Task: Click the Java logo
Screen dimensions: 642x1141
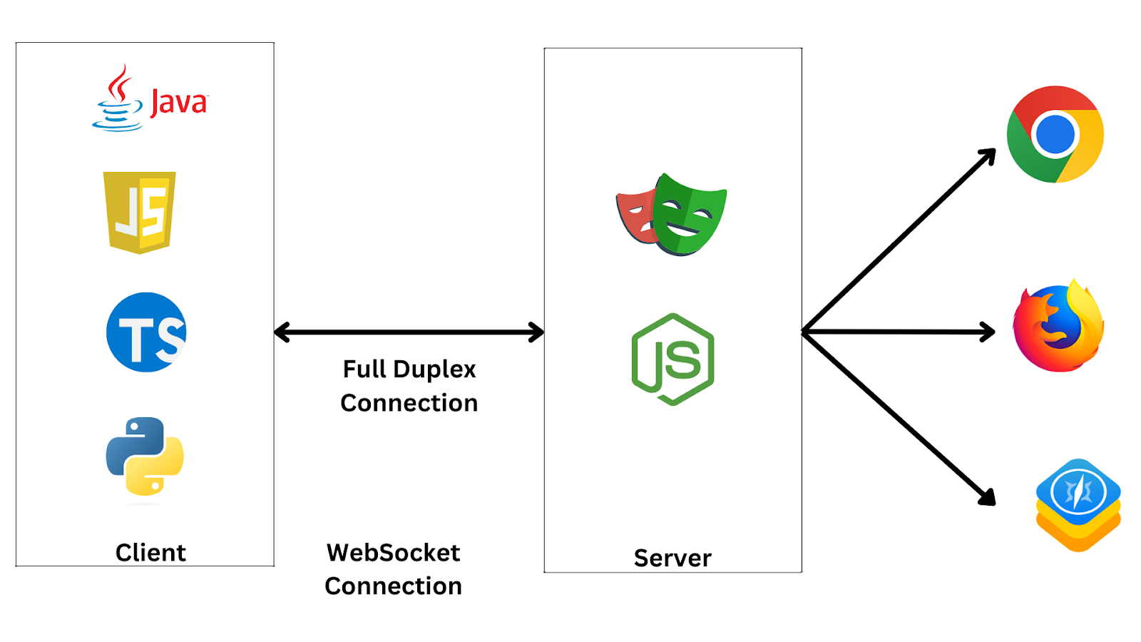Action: coord(150,100)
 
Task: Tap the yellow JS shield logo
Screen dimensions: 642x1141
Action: coord(140,212)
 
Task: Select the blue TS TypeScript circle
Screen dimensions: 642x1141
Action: coord(146,332)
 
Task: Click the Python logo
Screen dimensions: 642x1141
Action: coord(145,457)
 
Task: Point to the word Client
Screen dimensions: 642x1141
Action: coord(150,553)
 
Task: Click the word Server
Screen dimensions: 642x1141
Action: coord(672,558)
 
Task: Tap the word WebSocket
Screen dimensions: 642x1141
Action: coord(393,553)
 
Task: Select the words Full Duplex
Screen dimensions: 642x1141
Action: coord(409,370)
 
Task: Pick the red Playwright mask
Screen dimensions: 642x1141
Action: coord(636,216)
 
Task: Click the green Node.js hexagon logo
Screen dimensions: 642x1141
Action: coord(672,360)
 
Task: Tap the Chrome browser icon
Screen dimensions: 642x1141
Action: coord(1055,135)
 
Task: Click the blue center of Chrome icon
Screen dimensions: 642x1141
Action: coord(1055,135)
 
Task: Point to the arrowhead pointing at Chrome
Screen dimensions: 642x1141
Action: coord(989,155)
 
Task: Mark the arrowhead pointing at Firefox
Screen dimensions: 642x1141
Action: coord(988,332)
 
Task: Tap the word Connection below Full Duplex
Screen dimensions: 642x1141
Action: coord(409,403)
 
